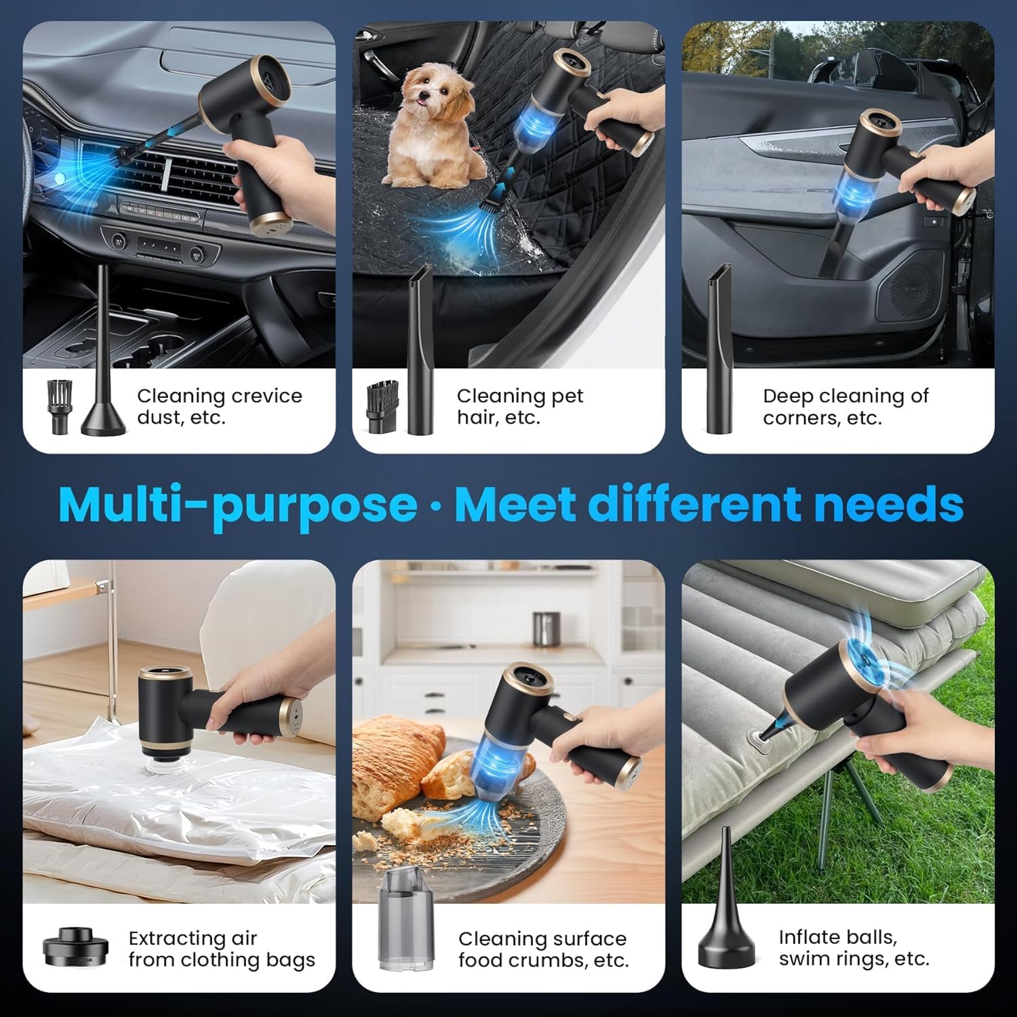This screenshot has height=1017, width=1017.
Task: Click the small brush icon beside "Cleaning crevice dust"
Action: click(x=58, y=407)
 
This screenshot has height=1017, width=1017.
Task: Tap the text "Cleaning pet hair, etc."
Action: click(x=520, y=406)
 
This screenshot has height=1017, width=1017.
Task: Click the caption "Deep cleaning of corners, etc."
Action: click(x=845, y=406)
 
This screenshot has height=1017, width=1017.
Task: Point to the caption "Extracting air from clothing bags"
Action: click(x=222, y=949)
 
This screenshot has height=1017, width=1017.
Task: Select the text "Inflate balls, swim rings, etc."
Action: click(x=854, y=948)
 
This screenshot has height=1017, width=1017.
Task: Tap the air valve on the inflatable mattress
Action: click(x=756, y=738)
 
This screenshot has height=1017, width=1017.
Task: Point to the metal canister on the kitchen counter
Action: click(x=546, y=630)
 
